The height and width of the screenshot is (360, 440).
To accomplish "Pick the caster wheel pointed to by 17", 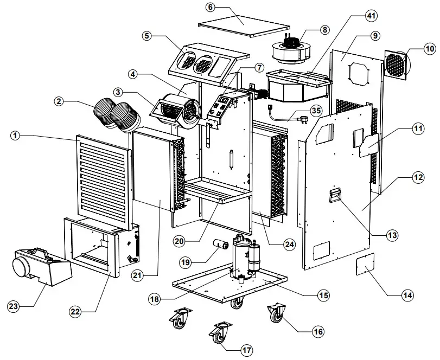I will point(219,333).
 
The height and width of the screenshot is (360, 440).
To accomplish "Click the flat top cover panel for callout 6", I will point(244,23).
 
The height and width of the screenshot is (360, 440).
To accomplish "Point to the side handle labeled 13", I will point(336,194).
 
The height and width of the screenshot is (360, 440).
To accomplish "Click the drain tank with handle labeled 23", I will point(41,265).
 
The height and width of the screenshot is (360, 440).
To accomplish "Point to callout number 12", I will point(402,177).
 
